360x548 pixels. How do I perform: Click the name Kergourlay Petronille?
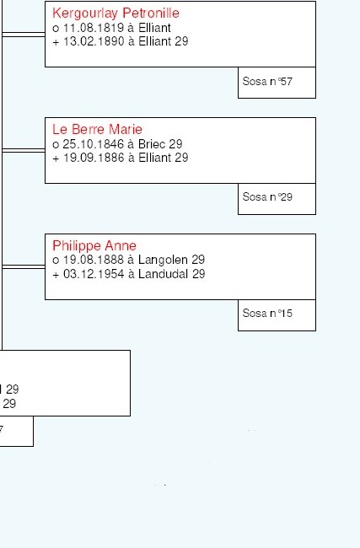[x=116, y=13]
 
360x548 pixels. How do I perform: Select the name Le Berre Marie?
[x=97, y=129]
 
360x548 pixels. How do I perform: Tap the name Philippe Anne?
[x=94, y=245]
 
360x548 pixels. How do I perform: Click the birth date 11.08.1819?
[x=94, y=28]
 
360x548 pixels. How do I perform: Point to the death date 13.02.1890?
[x=94, y=41]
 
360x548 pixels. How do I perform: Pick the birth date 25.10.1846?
[x=94, y=144]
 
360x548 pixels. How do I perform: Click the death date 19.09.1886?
[x=94, y=158]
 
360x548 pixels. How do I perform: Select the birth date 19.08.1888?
[x=94, y=260]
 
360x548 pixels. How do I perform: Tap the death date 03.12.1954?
[x=94, y=274]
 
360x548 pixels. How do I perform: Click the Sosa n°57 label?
[x=267, y=82]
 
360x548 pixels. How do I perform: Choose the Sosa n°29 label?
[x=267, y=196]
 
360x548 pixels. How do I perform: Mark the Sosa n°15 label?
[x=267, y=313]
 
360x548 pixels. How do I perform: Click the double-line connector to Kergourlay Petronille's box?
[x=24, y=35]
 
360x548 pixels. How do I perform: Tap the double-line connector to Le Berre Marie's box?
[x=24, y=151]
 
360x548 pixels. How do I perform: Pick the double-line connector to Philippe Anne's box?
[x=24, y=267]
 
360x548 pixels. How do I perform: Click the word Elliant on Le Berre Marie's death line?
[x=155, y=158]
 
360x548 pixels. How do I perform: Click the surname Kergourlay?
[x=85, y=13]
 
